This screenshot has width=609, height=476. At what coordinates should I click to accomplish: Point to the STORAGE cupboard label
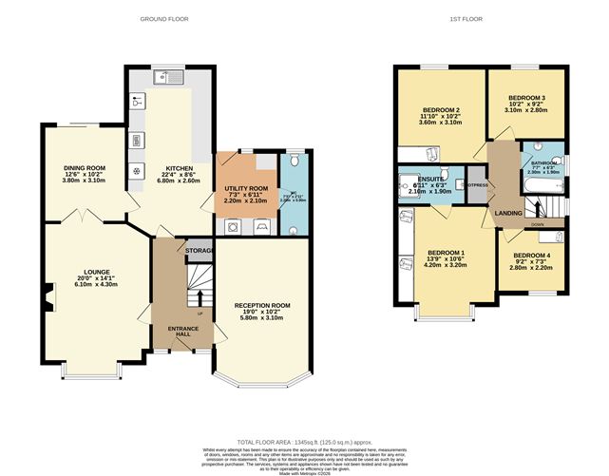(x=199, y=251)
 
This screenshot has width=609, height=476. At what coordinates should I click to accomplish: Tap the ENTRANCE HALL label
(x=183, y=333)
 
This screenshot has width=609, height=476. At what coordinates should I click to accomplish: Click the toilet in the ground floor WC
(x=294, y=162)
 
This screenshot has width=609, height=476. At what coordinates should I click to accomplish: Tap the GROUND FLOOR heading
(x=163, y=19)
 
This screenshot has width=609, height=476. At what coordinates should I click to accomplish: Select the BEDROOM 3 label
(x=526, y=98)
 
